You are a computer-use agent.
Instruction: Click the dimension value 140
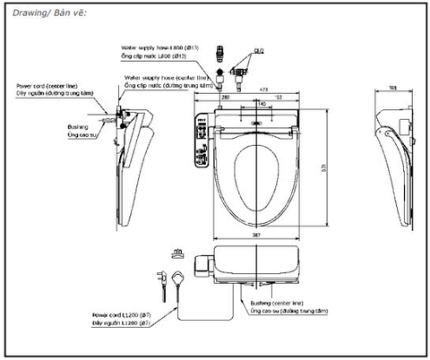coord(259,104)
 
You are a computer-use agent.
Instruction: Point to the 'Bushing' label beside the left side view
coord(78,127)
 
